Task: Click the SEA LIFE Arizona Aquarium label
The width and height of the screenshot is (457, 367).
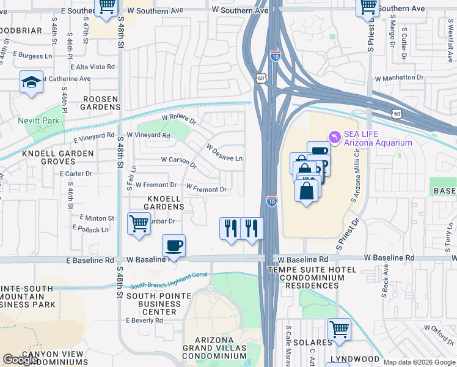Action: (x=378, y=138)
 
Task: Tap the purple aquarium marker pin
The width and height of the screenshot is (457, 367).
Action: (x=334, y=136)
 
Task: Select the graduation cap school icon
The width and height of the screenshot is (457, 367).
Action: (x=31, y=83)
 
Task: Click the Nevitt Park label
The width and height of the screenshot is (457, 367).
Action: (x=39, y=120)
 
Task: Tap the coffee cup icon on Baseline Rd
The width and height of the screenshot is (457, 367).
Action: (x=174, y=246)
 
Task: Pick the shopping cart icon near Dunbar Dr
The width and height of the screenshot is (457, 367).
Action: (x=139, y=224)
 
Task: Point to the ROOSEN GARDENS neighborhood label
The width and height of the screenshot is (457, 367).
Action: (x=93, y=102)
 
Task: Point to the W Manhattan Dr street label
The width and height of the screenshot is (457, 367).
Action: (x=399, y=78)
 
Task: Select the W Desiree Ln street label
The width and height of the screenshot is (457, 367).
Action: (x=224, y=154)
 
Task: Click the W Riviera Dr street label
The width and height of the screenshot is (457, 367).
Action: (x=178, y=119)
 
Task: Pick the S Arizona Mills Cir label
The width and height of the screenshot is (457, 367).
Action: (x=359, y=181)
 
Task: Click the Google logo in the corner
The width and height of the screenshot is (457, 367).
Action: (x=21, y=360)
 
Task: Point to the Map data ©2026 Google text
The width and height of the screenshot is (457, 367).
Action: (x=419, y=362)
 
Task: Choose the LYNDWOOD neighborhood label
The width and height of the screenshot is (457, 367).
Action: (x=356, y=358)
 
